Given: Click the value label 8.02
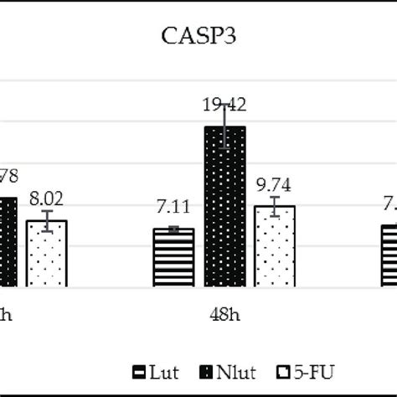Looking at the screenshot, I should pyautogui.click(x=46, y=199).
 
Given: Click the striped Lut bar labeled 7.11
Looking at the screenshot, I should pyautogui.click(x=173, y=258).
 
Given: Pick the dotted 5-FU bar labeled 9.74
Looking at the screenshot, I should pyautogui.click(x=275, y=246).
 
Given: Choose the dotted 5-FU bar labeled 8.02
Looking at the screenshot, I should pyautogui.click(x=47, y=254).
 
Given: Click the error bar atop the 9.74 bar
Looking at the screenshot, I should pyautogui.click(x=275, y=204).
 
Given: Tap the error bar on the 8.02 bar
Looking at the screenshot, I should pyautogui.click(x=47, y=220).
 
